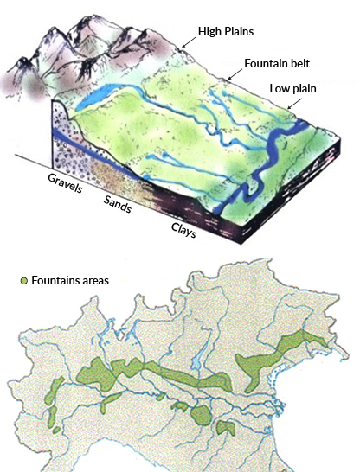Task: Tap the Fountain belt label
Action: pos(278,62)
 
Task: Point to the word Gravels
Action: pos(64,185)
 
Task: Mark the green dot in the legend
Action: pos(23,282)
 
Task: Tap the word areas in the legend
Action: pos(97,281)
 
